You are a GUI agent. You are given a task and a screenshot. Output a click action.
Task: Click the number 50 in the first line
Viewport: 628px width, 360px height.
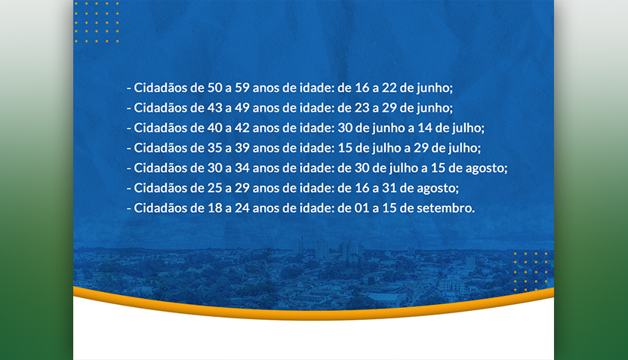point(214,88)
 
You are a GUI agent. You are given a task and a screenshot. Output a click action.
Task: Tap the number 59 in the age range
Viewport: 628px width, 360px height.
point(242,88)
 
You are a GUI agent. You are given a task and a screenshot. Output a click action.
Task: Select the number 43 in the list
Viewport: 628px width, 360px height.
point(214,108)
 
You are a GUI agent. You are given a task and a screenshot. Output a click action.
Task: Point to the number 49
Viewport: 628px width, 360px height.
point(242,108)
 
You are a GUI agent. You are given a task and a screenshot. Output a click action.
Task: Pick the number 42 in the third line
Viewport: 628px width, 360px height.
point(242,128)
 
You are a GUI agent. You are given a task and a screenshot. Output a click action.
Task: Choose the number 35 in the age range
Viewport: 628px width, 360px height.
point(214,148)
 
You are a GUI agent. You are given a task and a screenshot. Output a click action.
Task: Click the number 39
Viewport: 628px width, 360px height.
point(242,148)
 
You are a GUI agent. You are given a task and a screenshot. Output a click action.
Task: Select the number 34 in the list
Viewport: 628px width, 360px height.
point(242,168)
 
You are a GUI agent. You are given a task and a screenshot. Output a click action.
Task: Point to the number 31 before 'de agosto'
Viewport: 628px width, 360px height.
point(389,188)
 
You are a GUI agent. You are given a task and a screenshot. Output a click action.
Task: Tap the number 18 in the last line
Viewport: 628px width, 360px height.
point(214,208)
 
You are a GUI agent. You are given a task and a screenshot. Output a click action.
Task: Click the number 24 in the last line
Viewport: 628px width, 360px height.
point(242,208)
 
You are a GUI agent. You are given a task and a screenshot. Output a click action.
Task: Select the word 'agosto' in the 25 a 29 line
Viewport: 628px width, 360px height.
point(436,189)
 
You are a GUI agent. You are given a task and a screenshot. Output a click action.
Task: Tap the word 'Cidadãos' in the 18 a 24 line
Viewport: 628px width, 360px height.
point(160,208)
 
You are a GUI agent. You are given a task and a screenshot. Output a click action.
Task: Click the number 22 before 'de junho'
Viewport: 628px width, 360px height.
point(389,88)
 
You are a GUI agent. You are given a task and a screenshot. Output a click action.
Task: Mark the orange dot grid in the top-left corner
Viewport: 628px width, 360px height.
point(97,22)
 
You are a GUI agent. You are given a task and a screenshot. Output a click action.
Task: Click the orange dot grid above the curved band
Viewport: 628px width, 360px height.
point(531,272)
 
